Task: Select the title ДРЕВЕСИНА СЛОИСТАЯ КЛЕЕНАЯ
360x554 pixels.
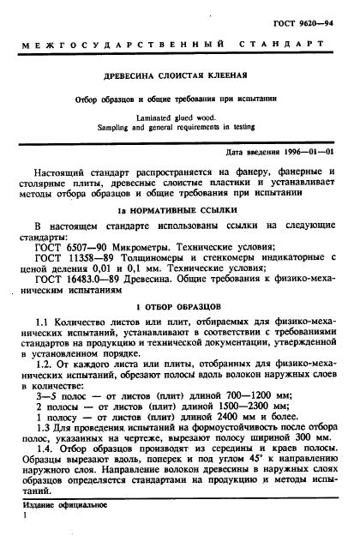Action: coord(180,75)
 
